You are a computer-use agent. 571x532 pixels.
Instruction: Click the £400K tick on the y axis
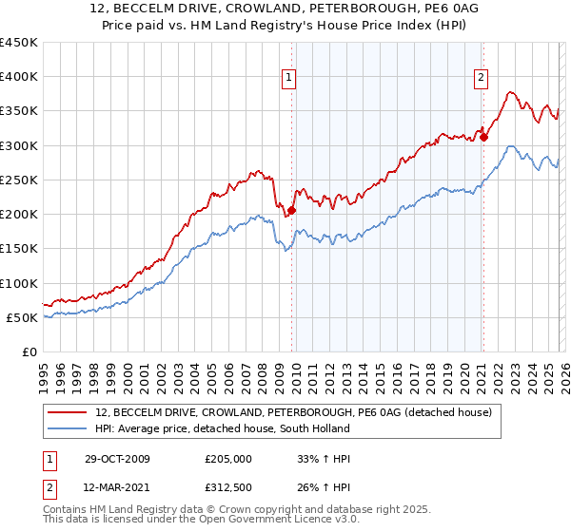coord(19,77)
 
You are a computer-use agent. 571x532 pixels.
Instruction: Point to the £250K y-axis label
coord(19,180)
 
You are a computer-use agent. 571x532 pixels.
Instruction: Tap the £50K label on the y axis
coord(23,317)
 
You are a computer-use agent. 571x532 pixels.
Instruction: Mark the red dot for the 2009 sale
coord(292,211)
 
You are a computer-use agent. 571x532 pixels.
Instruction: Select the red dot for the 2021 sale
coord(483,137)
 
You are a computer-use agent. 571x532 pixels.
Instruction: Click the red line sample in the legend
coord(68,412)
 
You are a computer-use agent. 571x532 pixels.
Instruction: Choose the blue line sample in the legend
coord(68,429)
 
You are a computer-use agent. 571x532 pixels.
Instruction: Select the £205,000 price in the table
coord(229,459)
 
